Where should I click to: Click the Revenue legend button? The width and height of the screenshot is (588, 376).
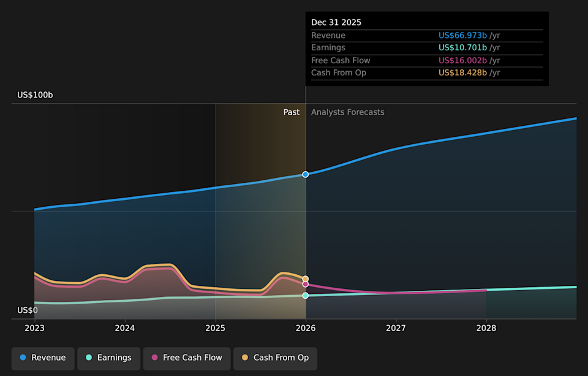[x=43, y=358]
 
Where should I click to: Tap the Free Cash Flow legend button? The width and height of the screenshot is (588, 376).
[x=187, y=358]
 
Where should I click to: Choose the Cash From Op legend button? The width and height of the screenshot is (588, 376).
[x=275, y=358]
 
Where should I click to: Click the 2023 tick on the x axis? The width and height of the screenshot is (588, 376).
[x=34, y=329]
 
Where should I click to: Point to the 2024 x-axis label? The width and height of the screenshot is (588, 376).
[x=125, y=329]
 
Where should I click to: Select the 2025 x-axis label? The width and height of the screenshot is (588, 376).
[x=215, y=329]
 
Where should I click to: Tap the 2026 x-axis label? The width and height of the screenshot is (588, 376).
[x=306, y=329]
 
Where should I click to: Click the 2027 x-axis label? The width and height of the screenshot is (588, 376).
[x=396, y=329]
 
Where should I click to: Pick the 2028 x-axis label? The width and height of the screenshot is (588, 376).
[x=486, y=329]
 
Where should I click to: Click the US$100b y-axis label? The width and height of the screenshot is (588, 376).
[x=35, y=95]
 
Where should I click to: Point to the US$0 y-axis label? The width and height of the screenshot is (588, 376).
[x=28, y=310]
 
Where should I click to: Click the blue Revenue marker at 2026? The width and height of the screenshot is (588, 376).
[x=306, y=174]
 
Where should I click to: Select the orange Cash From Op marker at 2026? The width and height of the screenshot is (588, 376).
[x=306, y=279]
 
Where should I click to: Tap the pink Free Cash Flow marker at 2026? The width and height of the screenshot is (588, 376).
[x=306, y=285]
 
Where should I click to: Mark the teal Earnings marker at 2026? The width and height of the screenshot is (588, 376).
[x=306, y=296]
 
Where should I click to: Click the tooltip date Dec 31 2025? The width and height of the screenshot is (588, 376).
[x=336, y=23]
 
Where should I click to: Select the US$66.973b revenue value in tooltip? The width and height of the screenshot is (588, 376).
[x=462, y=36]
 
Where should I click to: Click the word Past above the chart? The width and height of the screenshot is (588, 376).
[x=292, y=112]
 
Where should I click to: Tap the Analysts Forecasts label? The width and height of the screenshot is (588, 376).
[x=347, y=112]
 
